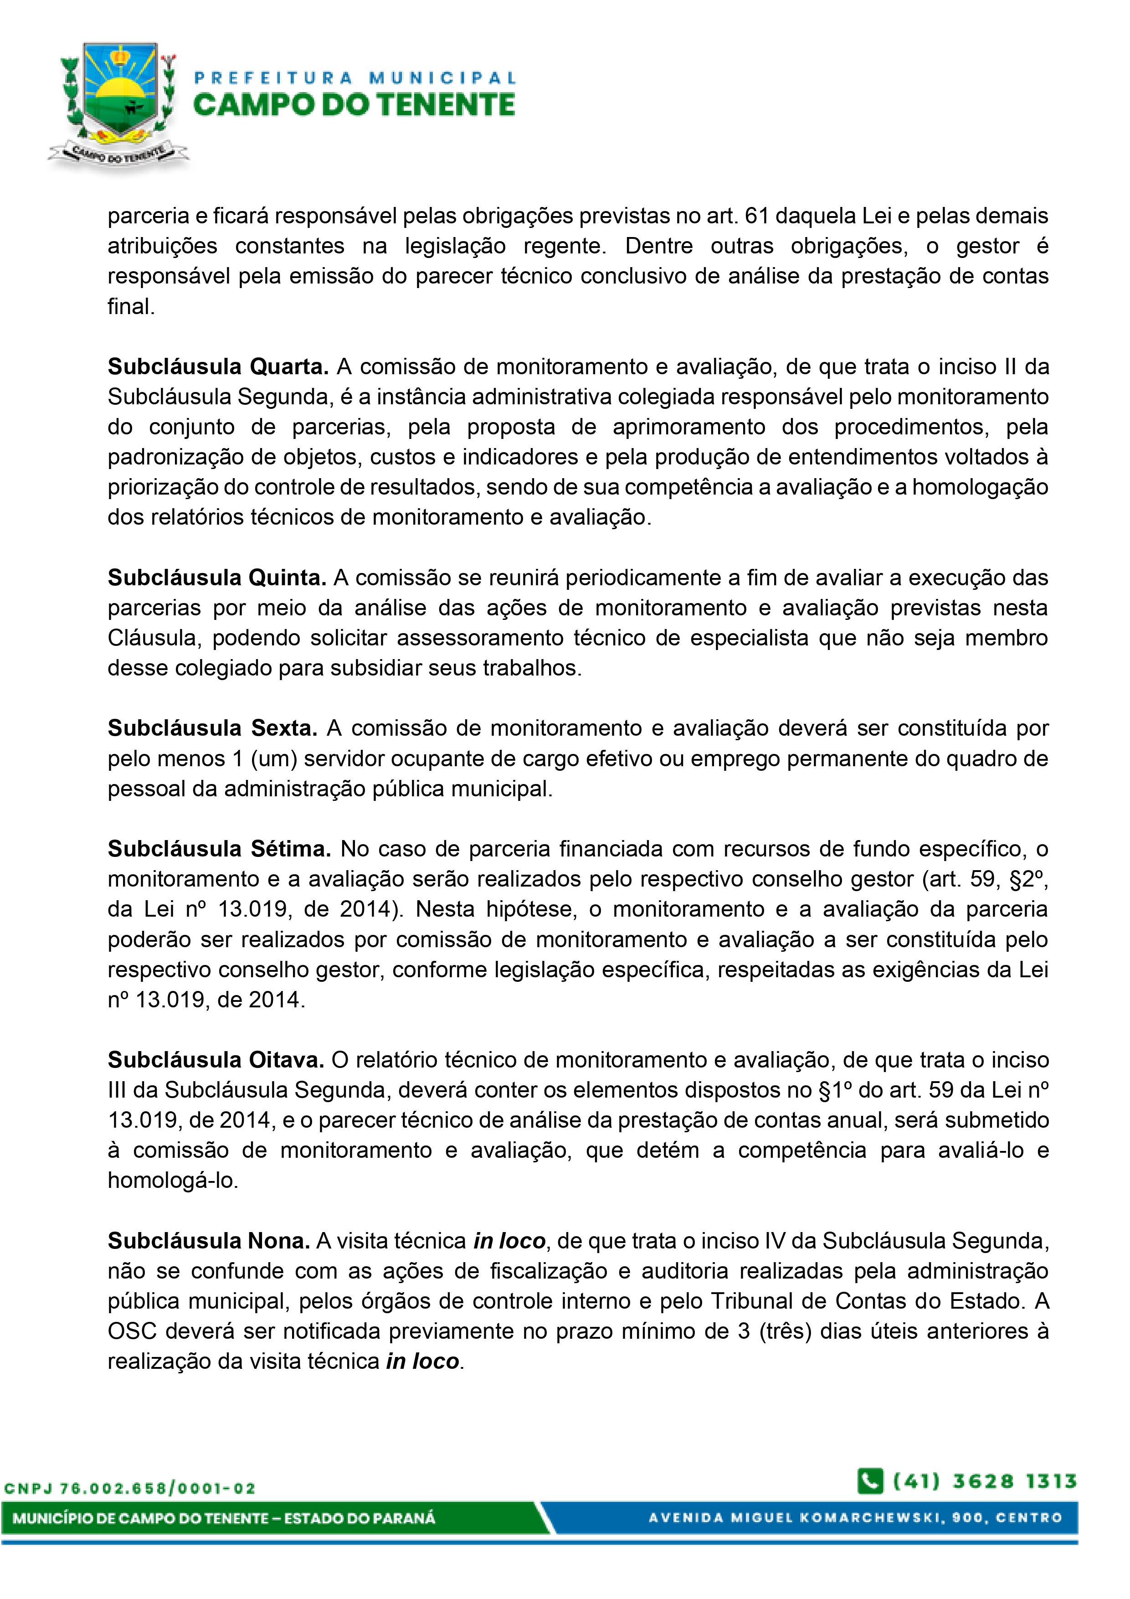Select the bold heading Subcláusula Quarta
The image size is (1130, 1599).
coord(218,366)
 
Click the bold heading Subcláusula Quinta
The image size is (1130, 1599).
coord(216,578)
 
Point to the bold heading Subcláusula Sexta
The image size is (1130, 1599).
coord(212,728)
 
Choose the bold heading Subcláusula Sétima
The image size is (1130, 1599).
coord(219,849)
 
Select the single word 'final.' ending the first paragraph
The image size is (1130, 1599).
coord(131,306)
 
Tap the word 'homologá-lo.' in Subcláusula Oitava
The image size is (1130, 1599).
coord(173,1181)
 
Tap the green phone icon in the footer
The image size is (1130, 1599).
coord(870,1480)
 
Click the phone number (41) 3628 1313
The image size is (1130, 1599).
coord(985,1480)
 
